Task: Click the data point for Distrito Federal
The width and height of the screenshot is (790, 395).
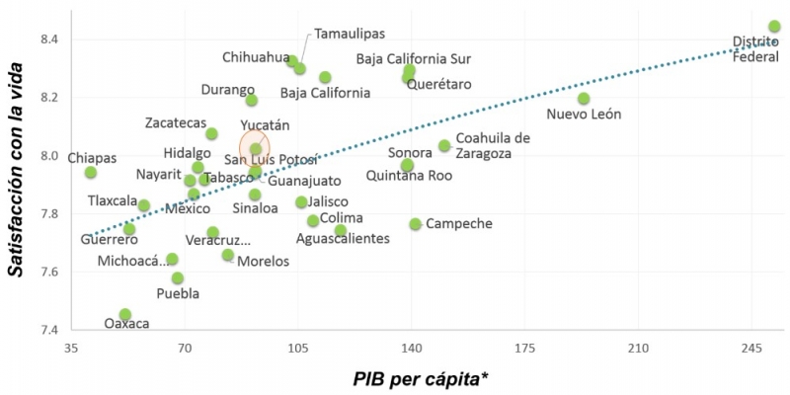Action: [774, 27]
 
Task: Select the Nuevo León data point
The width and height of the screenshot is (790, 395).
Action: [584, 98]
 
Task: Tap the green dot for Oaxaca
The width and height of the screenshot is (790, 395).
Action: [125, 314]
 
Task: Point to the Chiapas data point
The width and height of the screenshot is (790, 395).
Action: [91, 172]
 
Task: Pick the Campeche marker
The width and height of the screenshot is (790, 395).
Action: [415, 224]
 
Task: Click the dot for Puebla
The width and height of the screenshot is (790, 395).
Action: [178, 277]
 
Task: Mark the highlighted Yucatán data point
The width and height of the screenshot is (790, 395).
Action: [256, 149]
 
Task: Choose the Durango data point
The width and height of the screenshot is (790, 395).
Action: [252, 100]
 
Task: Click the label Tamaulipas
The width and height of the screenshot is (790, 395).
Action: [350, 34]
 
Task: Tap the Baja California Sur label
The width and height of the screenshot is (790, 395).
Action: [414, 59]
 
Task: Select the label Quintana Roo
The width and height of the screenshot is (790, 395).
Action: [409, 176]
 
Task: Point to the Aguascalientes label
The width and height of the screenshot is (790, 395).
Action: [343, 239]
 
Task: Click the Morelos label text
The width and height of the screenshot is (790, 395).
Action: [264, 262]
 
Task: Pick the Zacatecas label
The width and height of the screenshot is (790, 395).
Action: [175, 122]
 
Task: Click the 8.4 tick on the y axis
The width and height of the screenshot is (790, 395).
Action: [48, 39]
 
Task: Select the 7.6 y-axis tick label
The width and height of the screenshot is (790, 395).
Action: [48, 272]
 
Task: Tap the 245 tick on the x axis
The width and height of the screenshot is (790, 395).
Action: [751, 349]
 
